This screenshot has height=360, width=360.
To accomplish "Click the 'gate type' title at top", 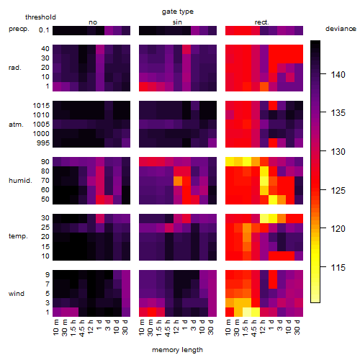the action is tap(178, 12).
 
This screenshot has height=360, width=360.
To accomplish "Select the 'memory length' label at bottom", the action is tap(177, 350).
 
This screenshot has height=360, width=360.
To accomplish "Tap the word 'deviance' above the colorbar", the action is tap(341, 29).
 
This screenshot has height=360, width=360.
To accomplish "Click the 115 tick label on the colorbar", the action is tap(338, 267).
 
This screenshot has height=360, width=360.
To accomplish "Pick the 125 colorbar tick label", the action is tap(338, 191).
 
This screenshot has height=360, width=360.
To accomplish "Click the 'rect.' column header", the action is tap(262, 22).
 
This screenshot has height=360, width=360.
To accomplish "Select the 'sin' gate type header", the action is tap(177, 22).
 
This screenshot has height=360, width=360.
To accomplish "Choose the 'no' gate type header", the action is tap(93, 22).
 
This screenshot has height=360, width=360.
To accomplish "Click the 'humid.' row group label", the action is tap(20, 181).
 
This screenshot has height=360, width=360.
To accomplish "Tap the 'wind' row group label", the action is tap(17, 294).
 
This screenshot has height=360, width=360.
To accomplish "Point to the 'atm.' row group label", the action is tap(16, 125).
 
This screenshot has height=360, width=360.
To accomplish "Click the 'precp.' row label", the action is tap(19, 29).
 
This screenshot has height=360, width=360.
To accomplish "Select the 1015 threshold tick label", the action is tap(41, 106).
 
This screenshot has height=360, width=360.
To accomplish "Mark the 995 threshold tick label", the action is tap(43, 143).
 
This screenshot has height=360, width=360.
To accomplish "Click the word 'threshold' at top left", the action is tap(40, 17).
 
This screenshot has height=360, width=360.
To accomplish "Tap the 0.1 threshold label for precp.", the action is tap(44, 30).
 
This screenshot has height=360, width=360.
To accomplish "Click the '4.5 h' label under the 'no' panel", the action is tap(82, 328).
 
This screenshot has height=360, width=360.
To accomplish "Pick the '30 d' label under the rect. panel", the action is tap(297, 327).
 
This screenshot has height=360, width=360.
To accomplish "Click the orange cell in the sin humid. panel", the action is tap(178, 181).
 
